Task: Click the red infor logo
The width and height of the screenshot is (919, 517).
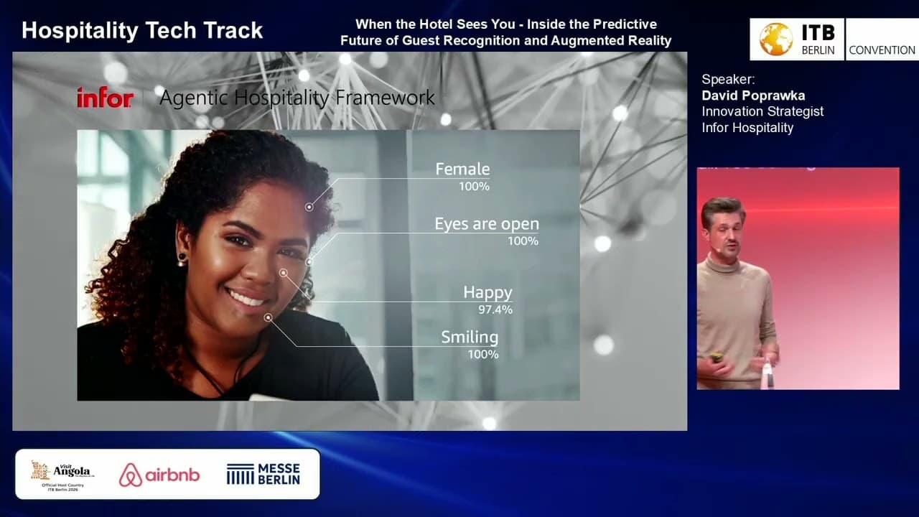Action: pyautogui.click(x=105, y=98)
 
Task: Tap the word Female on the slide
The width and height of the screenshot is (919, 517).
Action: pyautogui.click(x=462, y=169)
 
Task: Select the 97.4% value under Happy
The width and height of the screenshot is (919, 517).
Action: pyautogui.click(x=495, y=309)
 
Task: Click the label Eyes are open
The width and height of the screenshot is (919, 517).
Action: pyautogui.click(x=486, y=224)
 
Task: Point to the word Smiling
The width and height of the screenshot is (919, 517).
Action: pyautogui.click(x=469, y=337)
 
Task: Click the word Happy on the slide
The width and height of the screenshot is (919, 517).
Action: pyautogui.click(x=488, y=292)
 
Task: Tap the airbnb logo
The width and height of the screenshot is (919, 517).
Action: pyautogui.click(x=159, y=475)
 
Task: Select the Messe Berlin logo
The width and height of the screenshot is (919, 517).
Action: pyautogui.click(x=263, y=474)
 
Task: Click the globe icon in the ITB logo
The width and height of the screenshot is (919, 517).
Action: pyautogui.click(x=775, y=39)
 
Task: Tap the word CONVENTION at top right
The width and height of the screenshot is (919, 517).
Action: pyautogui.click(x=882, y=50)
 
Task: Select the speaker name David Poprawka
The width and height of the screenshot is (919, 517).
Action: pyautogui.click(x=753, y=96)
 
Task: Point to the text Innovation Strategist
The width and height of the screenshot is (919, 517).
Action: pyautogui.click(x=762, y=111)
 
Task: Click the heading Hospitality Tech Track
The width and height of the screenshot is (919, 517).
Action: pyautogui.click(x=142, y=30)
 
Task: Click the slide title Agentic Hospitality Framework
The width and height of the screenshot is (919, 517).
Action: pyautogui.click(x=297, y=98)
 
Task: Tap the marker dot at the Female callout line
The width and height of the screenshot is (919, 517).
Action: pyautogui.click(x=309, y=207)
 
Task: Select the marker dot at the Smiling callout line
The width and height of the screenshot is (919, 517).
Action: pyautogui.click(x=268, y=317)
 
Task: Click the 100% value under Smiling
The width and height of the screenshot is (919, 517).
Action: pyautogui.click(x=483, y=354)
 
